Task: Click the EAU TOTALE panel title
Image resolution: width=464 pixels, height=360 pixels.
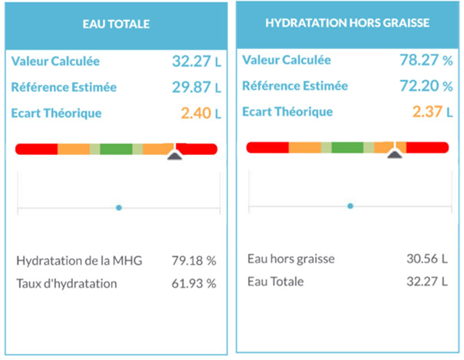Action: (116, 25)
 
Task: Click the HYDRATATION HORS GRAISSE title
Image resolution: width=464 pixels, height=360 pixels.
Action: (346, 23)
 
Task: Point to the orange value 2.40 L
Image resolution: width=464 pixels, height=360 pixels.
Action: (201, 114)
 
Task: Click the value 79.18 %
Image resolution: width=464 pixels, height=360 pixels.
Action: (193, 261)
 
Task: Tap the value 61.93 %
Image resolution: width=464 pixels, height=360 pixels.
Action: (193, 283)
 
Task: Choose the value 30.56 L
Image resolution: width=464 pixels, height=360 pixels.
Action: (426, 259)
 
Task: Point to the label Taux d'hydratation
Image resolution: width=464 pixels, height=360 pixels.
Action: (66, 283)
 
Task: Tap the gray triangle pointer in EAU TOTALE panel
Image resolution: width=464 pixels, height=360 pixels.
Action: (175, 156)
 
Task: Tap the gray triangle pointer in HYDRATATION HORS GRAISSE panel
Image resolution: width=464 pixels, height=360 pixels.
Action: (395, 154)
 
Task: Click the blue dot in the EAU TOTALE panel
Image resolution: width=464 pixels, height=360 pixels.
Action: (118, 207)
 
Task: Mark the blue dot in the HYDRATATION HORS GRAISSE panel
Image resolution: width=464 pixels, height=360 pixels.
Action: (350, 206)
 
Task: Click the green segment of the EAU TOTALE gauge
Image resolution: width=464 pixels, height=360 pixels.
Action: (116, 148)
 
